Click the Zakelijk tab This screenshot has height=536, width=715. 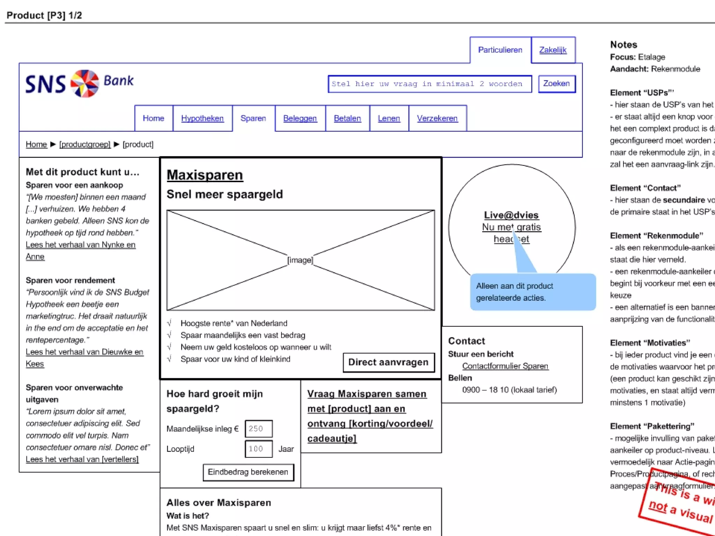pos(553,50)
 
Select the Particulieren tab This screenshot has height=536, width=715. pos(500,50)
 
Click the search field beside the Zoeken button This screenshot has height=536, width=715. pos(429,84)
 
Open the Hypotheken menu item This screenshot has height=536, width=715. pos(202,118)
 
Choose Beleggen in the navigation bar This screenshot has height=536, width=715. pos(300,118)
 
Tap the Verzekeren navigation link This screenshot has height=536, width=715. pos(437,118)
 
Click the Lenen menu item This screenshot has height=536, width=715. pos(389,118)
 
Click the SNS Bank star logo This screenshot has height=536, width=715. pos(85,83)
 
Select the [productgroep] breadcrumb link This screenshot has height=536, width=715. pos(85,144)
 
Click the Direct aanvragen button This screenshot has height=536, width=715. pos(388,362)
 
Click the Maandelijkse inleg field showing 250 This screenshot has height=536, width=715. pos(258,429)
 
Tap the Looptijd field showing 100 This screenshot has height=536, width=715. pos(258,449)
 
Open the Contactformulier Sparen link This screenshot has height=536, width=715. pos(505,366)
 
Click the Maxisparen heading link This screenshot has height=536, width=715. pos(205,175)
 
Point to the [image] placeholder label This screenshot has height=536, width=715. pos(300,260)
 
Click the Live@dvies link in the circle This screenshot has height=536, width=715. pos(511,215)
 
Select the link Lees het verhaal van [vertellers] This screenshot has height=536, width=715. pos(82,459)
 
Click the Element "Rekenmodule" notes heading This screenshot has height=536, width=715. pos(656,236)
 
